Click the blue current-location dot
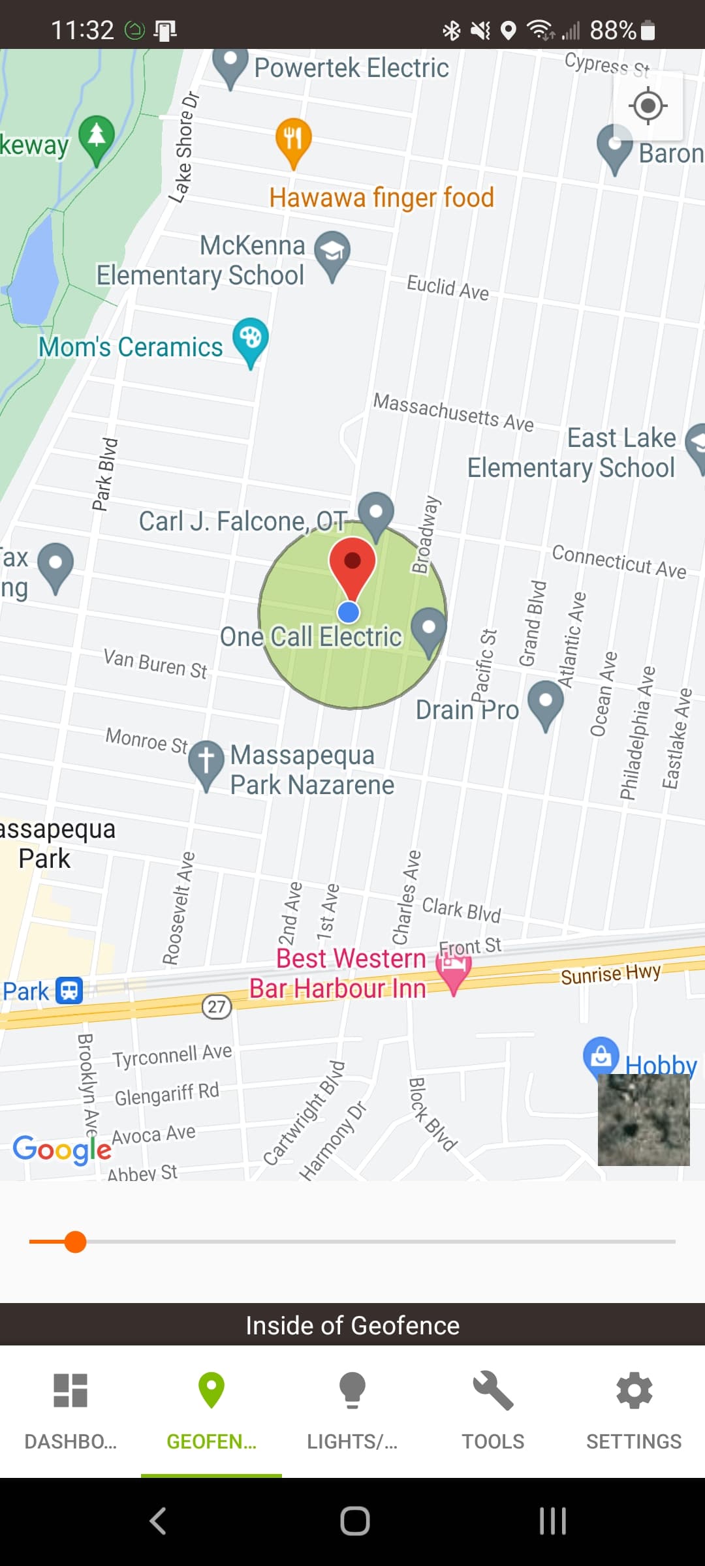pyautogui.click(x=349, y=612)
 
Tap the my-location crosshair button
pyautogui.click(x=648, y=106)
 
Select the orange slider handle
pyautogui.click(x=76, y=1242)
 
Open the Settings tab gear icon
pyautogui.click(x=634, y=1390)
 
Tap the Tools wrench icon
pyautogui.click(x=493, y=1390)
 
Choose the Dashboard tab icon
pyautogui.click(x=70, y=1390)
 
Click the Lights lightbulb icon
pyautogui.click(x=352, y=1390)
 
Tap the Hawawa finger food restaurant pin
pyautogui.click(x=293, y=140)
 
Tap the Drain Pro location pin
pyautogui.click(x=546, y=703)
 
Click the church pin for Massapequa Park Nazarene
pyautogui.click(x=206, y=761)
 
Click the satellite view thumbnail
pyautogui.click(x=644, y=1120)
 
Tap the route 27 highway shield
pyautogui.click(x=217, y=1006)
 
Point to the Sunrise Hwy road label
pyautogui.click(x=610, y=974)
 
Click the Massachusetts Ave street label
pyautogui.click(x=453, y=412)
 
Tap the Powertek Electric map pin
pyautogui.click(x=230, y=65)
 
